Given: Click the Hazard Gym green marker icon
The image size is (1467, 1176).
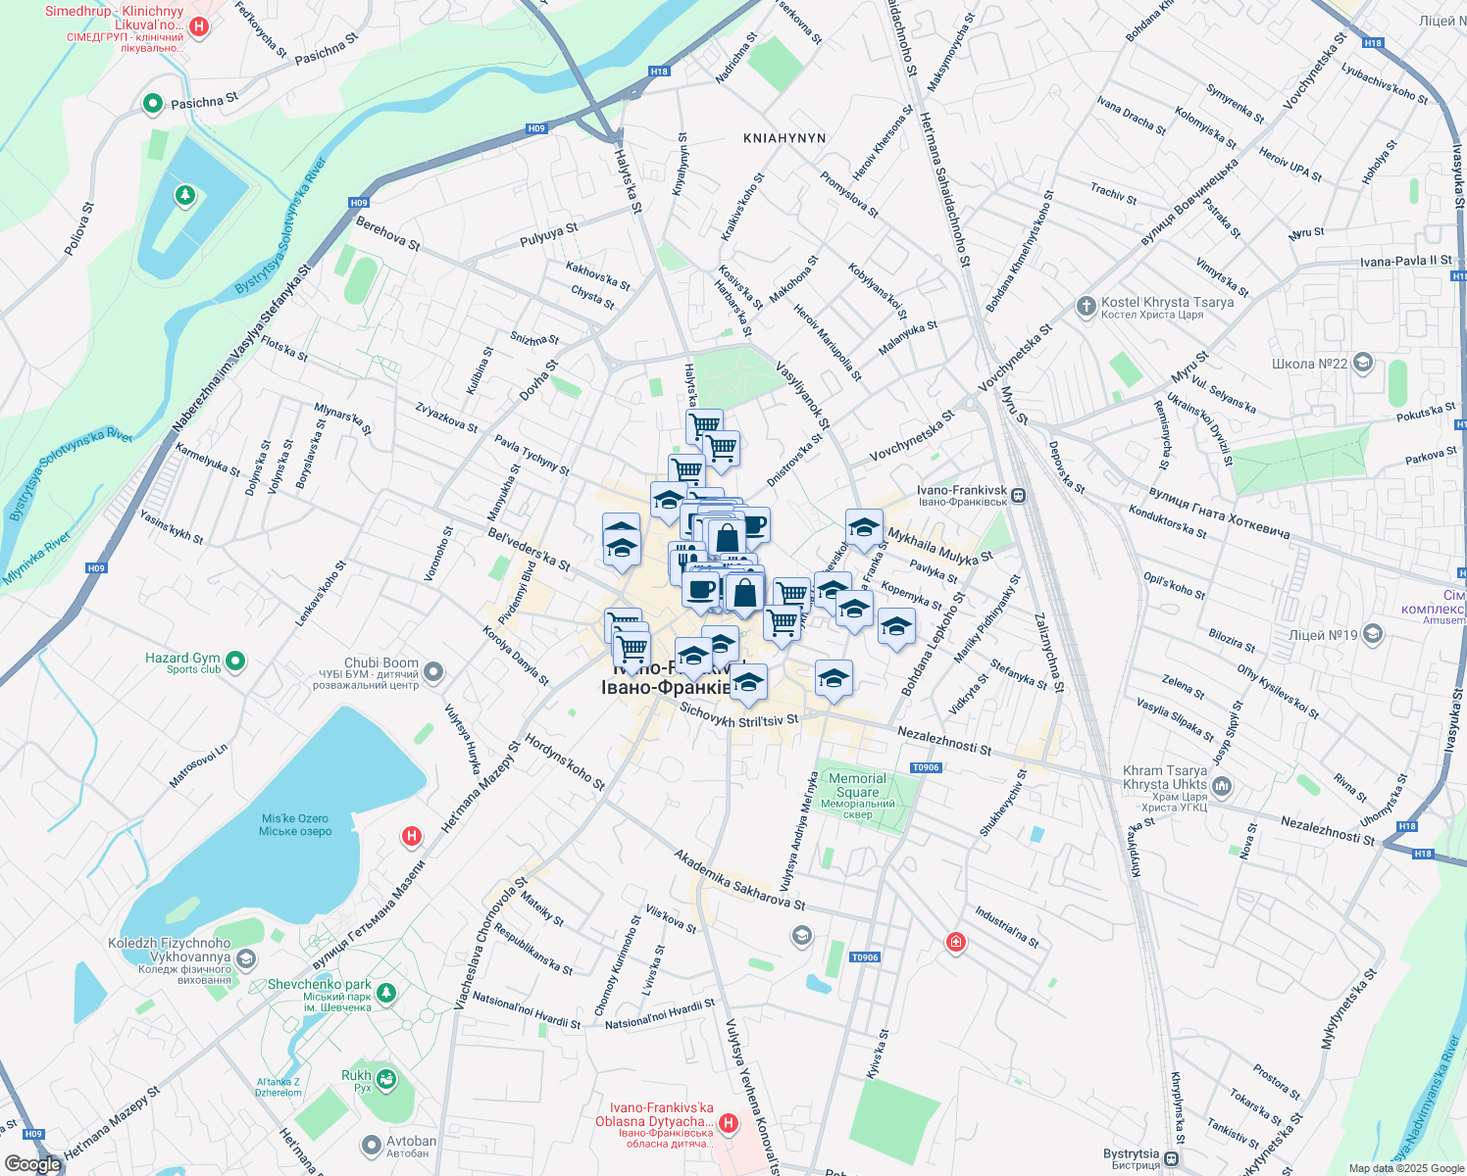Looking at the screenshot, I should tap(235, 662).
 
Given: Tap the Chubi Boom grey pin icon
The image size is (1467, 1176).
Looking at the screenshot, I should tap(434, 672).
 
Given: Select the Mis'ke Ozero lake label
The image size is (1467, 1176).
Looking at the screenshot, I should tap(294, 825).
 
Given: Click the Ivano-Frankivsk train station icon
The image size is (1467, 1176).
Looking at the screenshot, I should tap(1020, 495).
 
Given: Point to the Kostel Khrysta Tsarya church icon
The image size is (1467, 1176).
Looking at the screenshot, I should tap(1086, 307).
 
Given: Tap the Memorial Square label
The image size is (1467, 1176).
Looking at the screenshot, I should tap(857, 786).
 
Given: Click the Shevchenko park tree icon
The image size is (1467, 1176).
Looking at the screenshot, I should tap(386, 994).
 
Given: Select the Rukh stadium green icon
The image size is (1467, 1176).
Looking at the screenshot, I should tap(387, 1080).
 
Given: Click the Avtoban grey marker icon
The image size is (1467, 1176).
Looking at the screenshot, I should tap(372, 1145).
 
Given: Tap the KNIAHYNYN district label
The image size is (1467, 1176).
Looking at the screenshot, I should tap(784, 138).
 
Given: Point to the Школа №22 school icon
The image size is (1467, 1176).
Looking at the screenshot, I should tap(1362, 364).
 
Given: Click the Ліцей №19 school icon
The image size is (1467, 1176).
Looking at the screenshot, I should tap(1373, 635).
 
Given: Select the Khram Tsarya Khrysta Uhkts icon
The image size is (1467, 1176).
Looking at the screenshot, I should tap(1222, 785).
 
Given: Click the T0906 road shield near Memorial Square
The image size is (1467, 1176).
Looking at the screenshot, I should tap(926, 767).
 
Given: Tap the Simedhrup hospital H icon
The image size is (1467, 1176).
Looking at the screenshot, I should tap(199, 25).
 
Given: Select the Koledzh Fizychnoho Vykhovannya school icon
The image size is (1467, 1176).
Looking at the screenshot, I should tap(246, 957).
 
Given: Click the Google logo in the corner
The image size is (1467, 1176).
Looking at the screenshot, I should tap(32, 1163).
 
